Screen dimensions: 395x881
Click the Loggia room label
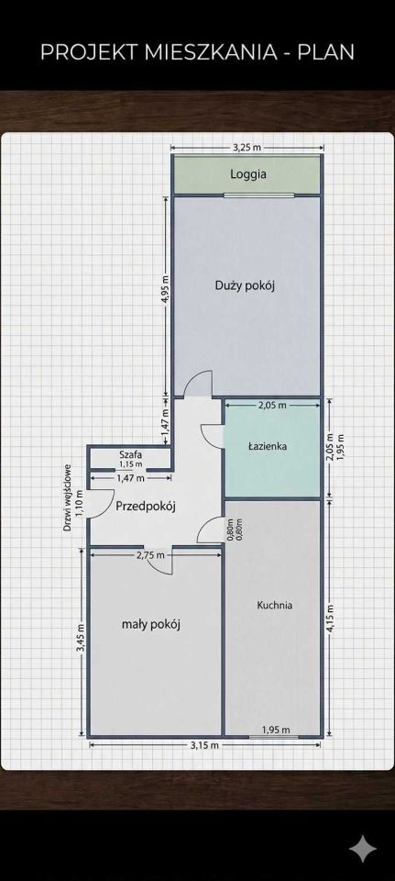click(248, 174)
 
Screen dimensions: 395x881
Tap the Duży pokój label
click(245, 285)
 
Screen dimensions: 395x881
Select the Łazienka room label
click(269, 447)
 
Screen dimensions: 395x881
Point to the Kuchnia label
click(274, 605)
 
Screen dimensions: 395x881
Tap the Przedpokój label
click(146, 507)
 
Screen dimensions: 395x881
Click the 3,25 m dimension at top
click(247, 148)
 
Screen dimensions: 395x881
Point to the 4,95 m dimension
click(165, 289)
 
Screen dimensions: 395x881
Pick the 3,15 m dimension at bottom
click(204, 745)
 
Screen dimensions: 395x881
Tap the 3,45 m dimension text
click(81, 639)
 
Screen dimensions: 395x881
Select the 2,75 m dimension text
click(151, 555)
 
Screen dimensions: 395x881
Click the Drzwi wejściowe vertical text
click(67, 497)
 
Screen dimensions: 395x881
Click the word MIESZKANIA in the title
click(211, 52)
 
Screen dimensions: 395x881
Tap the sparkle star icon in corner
click(362, 848)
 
